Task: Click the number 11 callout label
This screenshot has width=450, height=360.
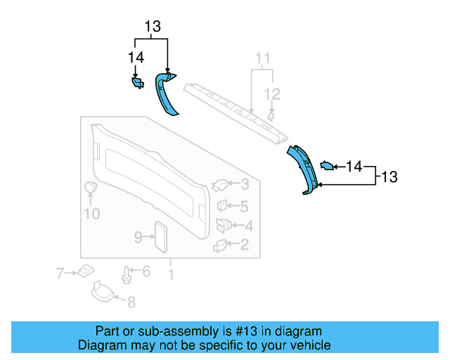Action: [262, 58]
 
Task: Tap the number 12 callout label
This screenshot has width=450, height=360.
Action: [271, 94]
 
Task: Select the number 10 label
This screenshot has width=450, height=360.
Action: [91, 214]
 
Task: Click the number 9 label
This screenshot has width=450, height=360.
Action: [139, 237]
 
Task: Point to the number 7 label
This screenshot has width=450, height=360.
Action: [60, 271]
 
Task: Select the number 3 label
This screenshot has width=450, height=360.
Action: [244, 185]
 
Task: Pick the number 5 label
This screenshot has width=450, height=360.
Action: [244, 207]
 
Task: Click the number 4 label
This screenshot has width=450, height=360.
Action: [248, 226]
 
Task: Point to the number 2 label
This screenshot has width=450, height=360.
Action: [244, 245]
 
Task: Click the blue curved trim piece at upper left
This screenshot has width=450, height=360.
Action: [167, 95]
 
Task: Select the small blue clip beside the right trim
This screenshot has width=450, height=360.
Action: [327, 166]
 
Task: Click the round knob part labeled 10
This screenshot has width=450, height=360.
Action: [91, 188]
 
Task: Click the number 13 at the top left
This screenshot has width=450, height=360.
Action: [153, 27]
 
